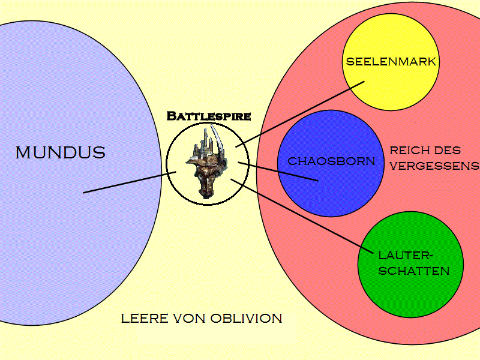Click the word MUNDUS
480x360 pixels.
[x=60, y=152]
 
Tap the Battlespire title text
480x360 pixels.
[x=208, y=115]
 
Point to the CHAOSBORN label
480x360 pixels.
[x=331, y=161]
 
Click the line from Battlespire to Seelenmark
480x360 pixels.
[x=300, y=114]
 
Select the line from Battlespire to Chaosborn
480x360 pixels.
[x=277, y=171]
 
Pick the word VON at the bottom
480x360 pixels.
[x=190, y=318]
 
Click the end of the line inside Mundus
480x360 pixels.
[x=84, y=193]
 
